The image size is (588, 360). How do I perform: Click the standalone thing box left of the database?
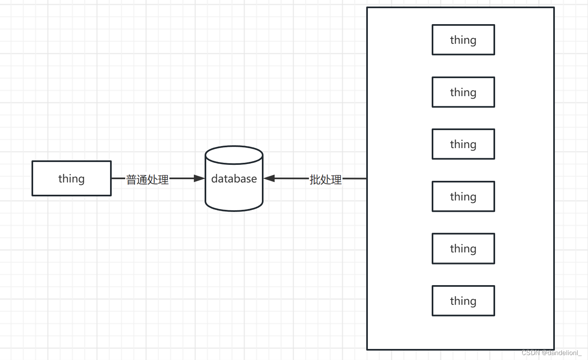[x=71, y=178]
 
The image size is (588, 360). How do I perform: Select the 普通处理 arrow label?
[x=147, y=179]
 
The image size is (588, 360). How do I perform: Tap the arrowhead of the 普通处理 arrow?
[x=199, y=178]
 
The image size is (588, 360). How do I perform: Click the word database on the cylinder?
[x=234, y=179]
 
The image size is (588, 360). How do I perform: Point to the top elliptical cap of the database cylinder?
[x=234, y=155]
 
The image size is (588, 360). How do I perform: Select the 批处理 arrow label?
[x=326, y=179]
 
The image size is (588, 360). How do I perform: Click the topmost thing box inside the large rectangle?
[x=463, y=40]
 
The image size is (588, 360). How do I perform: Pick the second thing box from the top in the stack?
[x=463, y=92]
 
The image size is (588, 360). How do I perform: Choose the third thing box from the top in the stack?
[x=463, y=144]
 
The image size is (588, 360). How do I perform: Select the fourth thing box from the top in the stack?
[x=463, y=196]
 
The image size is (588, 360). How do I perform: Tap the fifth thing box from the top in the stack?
[x=463, y=248]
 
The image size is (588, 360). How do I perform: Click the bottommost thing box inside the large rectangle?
[x=463, y=301]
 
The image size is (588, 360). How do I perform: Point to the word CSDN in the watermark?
[x=531, y=353]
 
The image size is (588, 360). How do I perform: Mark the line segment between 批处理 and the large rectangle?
[x=354, y=178]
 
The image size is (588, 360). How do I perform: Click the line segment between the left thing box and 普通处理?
[x=118, y=178]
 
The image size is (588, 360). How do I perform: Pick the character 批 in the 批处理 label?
[x=315, y=179]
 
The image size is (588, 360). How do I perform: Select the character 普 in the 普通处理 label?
[x=131, y=179]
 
